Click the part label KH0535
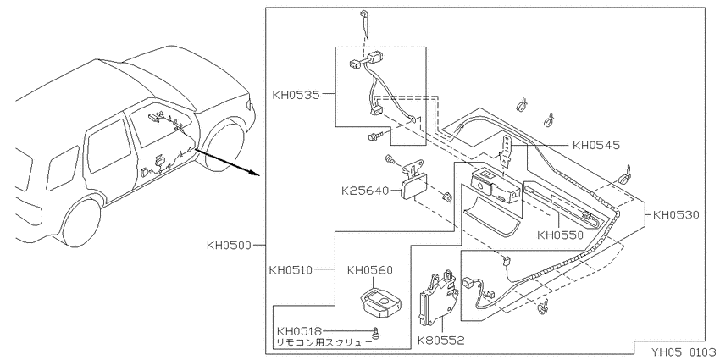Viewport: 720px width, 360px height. pos(296,96)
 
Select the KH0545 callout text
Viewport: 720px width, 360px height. pos(596,145)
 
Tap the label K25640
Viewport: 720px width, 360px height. pos(365,190)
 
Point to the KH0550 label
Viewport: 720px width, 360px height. pos(560,235)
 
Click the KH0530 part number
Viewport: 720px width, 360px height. pos(676,215)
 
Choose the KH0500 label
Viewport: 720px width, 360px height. pos(230,245)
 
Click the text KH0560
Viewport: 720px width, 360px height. pos(370,270)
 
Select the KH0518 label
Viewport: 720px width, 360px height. pos(299,331)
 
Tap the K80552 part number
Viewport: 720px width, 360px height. pos(440,341)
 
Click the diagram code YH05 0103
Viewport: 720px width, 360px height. pos(684,352)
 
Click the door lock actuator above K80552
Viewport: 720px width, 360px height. pos(439,296)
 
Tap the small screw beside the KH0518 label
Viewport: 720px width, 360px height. pos(377,332)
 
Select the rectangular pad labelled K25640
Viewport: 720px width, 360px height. pos(413,188)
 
